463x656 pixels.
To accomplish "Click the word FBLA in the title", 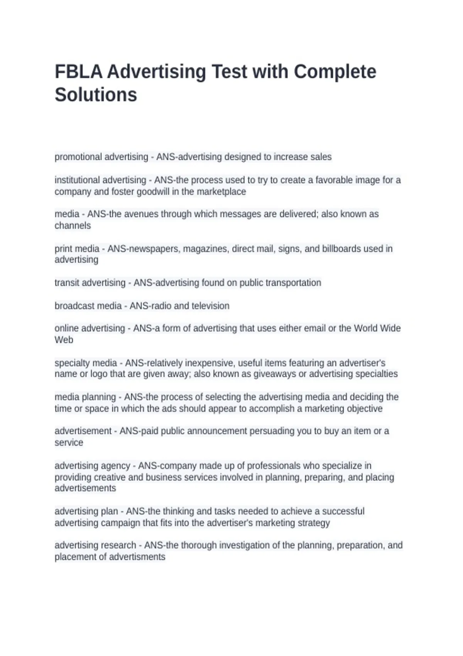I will (x=78, y=72).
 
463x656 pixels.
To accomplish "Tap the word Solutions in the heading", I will (x=96, y=95).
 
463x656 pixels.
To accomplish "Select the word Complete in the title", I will (x=335, y=72).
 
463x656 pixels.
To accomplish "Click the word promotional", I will (x=78, y=157).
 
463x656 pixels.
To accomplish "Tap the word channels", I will (x=73, y=226).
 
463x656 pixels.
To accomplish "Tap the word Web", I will (x=64, y=340).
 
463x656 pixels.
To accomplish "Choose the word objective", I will (x=364, y=409).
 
